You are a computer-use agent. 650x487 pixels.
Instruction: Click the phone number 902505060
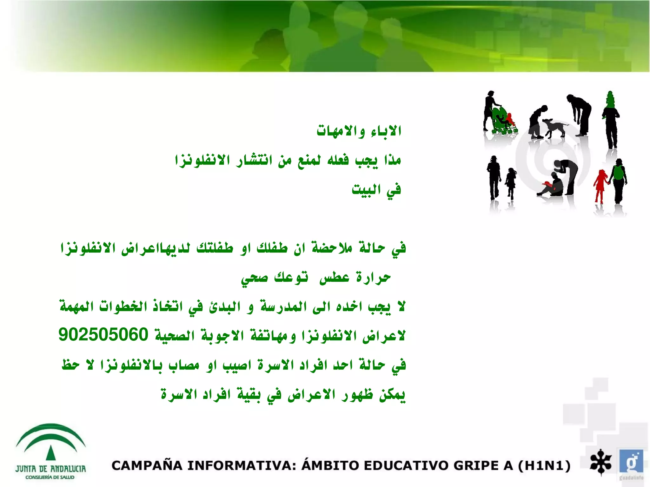point(103,334)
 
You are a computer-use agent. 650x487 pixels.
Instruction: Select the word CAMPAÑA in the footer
point(146,466)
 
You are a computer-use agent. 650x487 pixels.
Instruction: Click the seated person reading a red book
point(552,187)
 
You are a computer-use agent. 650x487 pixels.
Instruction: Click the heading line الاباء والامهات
point(359,131)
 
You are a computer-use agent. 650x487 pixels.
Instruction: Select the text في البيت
point(376,190)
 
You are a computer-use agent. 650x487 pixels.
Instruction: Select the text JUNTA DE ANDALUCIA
point(50,469)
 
